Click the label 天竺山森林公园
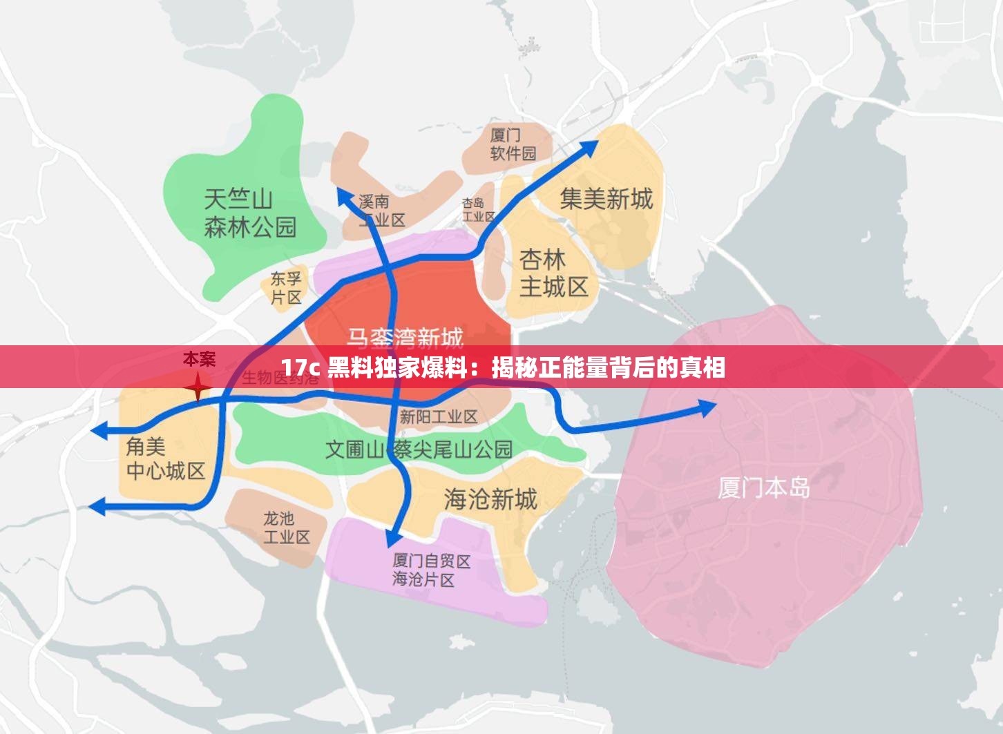pyautogui.click(x=249, y=213)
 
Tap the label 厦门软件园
pyautogui.click(x=513, y=144)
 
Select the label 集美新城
pyautogui.click(x=606, y=200)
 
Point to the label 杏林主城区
pyautogui.click(x=553, y=273)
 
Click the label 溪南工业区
pyautogui.click(x=381, y=211)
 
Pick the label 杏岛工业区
pyautogui.click(x=478, y=210)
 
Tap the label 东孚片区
pyautogui.click(x=285, y=288)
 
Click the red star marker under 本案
pyautogui.click(x=198, y=387)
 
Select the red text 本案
pyautogui.click(x=199, y=359)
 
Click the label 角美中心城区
pyautogui.click(x=165, y=459)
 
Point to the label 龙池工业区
pyautogui.click(x=286, y=528)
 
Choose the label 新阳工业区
pyautogui.click(x=438, y=417)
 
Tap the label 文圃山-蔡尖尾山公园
pyautogui.click(x=419, y=450)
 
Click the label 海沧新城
pyautogui.click(x=490, y=499)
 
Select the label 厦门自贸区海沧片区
pyautogui.click(x=430, y=570)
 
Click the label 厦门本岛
pyautogui.click(x=763, y=487)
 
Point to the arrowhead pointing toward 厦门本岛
pyautogui.click(x=708, y=407)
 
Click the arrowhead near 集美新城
pyautogui.click(x=589, y=147)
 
